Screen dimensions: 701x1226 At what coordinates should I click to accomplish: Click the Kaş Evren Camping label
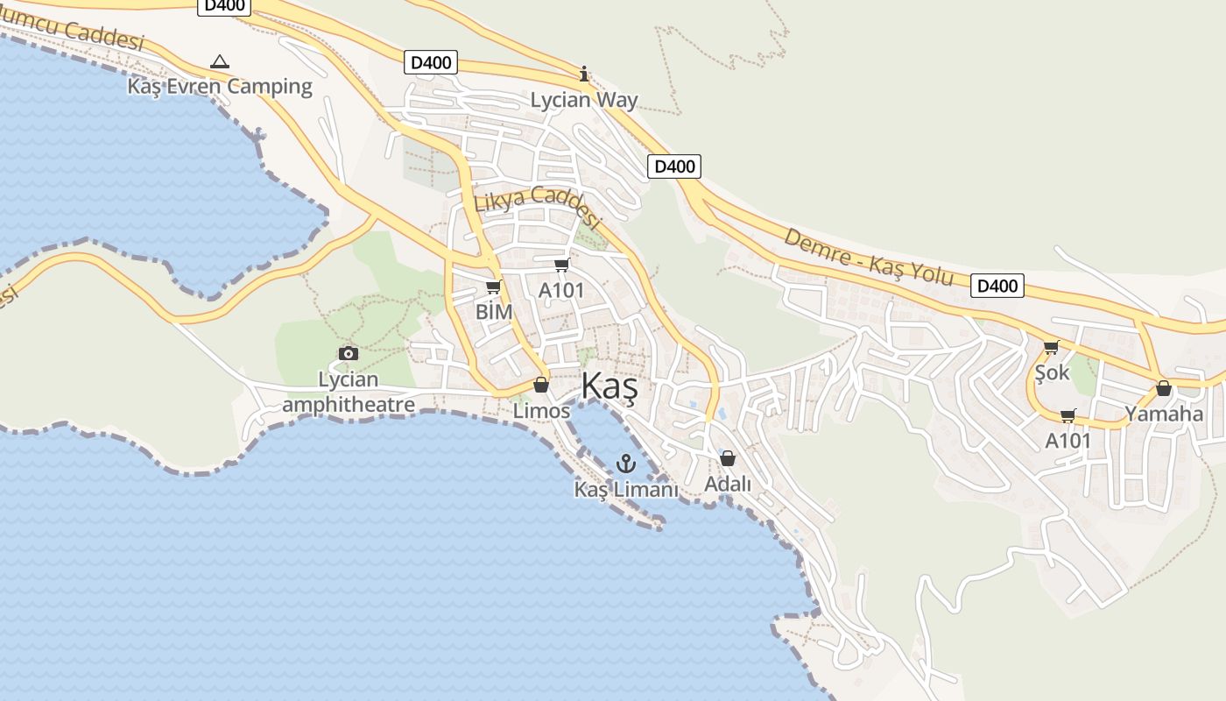[x=220, y=86]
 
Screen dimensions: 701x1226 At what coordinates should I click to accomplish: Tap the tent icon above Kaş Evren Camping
[x=220, y=62]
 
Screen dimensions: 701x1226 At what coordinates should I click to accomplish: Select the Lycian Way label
[x=584, y=100]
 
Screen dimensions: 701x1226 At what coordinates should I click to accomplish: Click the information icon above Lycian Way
[x=584, y=74]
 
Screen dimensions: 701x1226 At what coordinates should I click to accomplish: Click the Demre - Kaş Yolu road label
[x=868, y=257]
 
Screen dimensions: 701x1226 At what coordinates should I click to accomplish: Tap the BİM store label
[x=494, y=311]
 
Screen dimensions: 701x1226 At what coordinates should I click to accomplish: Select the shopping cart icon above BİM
[x=494, y=287]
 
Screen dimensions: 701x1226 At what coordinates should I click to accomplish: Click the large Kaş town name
[x=609, y=387]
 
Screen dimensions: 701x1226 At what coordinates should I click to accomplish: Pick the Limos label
[x=541, y=410]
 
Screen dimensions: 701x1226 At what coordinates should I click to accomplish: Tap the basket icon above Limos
[x=541, y=386]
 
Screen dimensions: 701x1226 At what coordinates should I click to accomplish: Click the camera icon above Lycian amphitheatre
[x=349, y=353]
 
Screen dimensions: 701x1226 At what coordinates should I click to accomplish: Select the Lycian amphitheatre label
[x=349, y=392]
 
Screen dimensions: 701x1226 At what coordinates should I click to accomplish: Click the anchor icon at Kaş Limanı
[x=625, y=464]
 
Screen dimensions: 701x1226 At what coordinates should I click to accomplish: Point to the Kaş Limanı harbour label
[x=626, y=489]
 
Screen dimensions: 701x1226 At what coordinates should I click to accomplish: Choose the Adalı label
[x=728, y=483]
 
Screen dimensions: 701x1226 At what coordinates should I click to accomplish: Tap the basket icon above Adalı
[x=728, y=458]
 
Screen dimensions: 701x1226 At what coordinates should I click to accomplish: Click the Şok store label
[x=1052, y=372]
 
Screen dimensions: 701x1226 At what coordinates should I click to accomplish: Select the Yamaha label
[x=1164, y=414]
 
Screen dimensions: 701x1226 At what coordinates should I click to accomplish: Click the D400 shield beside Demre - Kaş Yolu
[x=997, y=286]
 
